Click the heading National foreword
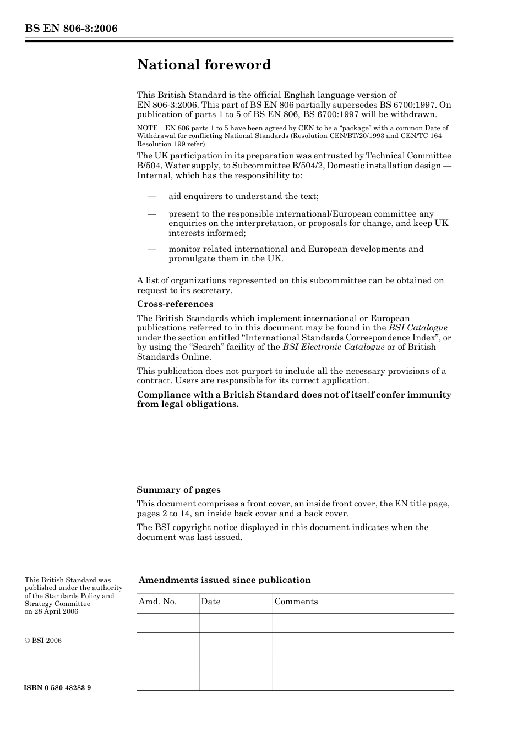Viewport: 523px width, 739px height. pos(204,65)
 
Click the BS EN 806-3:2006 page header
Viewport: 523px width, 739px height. pos(71,29)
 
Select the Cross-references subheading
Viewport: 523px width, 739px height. pos(175,304)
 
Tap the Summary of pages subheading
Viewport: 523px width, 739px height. pos(178,490)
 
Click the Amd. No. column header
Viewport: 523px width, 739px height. pos(157,602)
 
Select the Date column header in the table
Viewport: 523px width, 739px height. pos(210,602)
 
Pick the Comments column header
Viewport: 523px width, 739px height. pos(296,602)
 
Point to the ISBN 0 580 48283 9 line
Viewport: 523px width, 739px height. pos(58,688)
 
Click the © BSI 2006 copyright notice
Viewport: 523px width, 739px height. pos(43,641)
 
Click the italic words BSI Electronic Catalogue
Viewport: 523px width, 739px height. pos(333,347)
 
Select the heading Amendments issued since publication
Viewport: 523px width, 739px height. pos(224,580)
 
